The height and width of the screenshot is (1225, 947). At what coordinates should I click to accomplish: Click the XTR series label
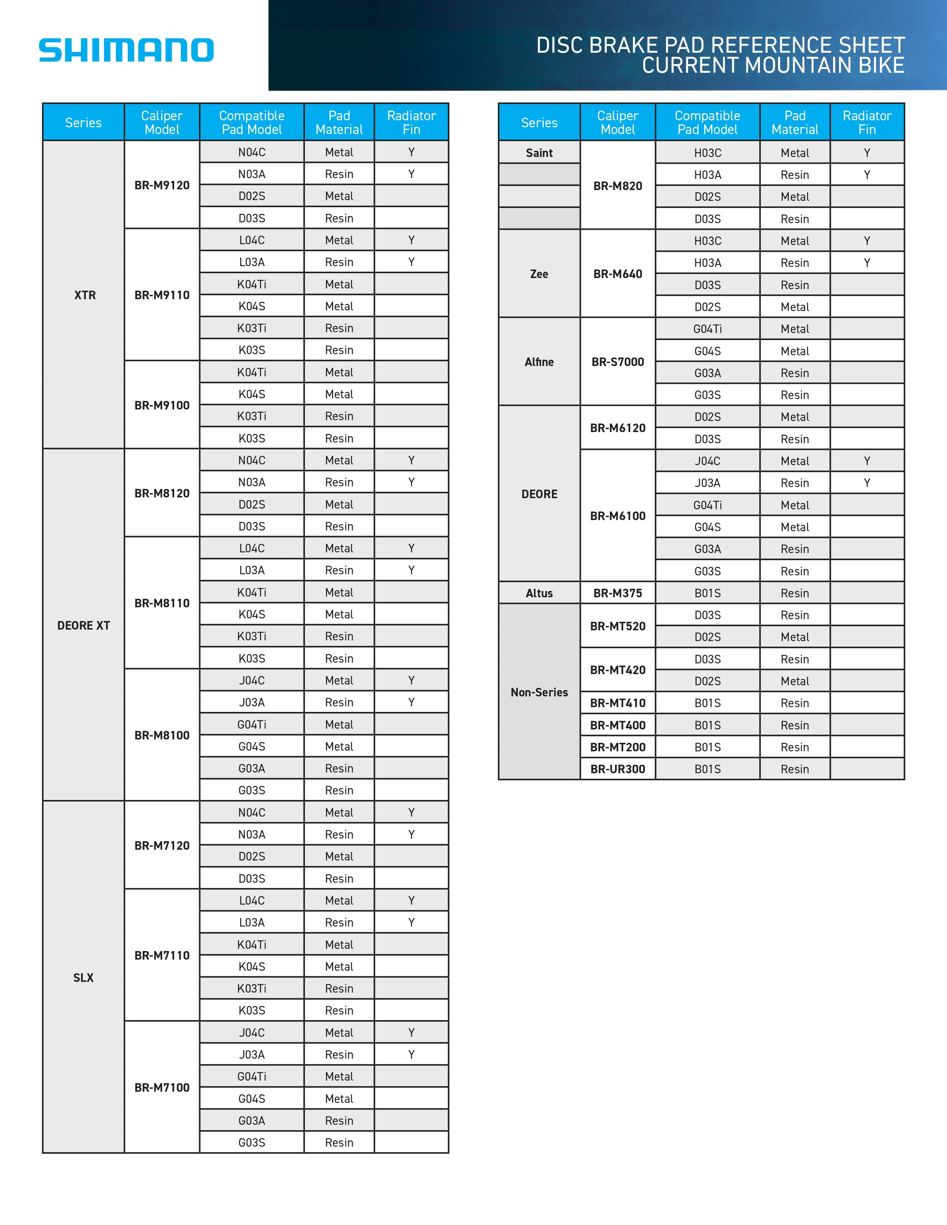(85, 295)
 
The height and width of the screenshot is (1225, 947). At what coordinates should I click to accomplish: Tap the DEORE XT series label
(84, 625)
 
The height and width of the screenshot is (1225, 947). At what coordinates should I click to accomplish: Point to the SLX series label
(84, 978)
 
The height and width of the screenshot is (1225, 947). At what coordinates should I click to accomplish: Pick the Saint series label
(539, 153)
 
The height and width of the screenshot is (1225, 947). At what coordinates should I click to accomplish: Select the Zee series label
(539, 274)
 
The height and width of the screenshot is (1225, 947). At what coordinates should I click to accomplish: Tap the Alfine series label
(539, 362)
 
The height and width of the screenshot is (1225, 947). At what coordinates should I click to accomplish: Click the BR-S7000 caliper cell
(618, 362)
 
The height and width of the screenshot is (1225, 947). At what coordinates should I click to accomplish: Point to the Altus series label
(539, 593)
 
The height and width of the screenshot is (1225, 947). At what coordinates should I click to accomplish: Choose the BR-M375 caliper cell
(618, 593)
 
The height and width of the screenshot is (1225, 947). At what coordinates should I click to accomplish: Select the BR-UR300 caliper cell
(618, 769)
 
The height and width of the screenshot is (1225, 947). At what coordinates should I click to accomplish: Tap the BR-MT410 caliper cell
(618, 703)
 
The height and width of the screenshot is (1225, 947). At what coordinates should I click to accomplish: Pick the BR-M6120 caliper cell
(618, 428)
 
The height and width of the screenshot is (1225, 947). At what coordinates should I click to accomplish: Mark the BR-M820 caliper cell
(618, 186)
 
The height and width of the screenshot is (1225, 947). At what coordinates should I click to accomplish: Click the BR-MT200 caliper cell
(618, 747)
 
